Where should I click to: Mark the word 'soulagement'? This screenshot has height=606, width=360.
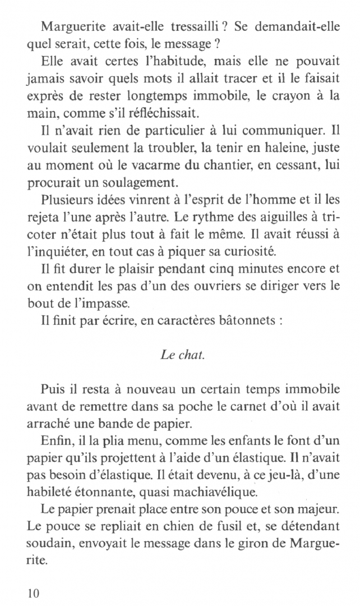point(147,201)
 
